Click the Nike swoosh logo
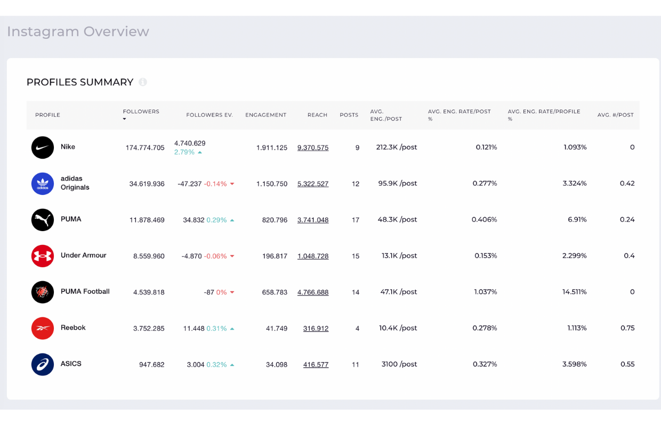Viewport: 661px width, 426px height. point(43,148)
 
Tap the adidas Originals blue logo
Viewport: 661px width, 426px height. point(43,184)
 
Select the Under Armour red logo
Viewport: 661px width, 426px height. point(43,256)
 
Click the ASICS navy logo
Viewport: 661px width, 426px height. point(43,364)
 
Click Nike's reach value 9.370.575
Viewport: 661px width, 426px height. point(313,148)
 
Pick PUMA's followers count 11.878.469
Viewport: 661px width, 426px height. point(147,220)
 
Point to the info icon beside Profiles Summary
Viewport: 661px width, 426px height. point(143,82)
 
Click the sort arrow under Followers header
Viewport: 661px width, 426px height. point(125,119)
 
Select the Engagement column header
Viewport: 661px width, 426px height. point(266,115)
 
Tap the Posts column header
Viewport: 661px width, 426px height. point(349,115)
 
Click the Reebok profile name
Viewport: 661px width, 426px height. point(73,327)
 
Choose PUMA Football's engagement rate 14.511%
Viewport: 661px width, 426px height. point(574,292)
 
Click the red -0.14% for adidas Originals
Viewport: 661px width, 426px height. point(215,184)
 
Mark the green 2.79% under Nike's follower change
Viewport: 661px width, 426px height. point(184,152)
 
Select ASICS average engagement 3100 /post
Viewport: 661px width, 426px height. point(399,364)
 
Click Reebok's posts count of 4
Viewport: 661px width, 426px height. point(357,329)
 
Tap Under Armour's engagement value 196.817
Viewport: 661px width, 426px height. point(275,256)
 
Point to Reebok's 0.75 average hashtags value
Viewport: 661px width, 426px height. point(627,328)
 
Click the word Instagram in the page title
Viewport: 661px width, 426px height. point(43,32)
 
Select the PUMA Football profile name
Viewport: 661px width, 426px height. point(85,292)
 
